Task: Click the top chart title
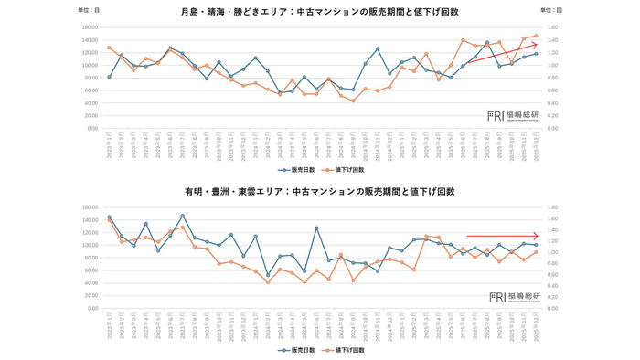point(320,12)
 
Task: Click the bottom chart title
point(320,192)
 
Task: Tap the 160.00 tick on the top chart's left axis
point(90,27)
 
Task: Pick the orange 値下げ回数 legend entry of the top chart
point(344,170)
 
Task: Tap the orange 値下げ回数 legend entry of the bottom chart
point(344,350)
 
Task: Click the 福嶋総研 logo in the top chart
point(513,116)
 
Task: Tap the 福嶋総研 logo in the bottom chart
point(513,297)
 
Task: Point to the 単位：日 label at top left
point(90,10)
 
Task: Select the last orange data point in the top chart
point(536,36)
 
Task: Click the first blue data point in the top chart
point(109,77)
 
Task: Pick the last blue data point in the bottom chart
point(536,245)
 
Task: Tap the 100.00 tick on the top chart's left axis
point(90,65)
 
